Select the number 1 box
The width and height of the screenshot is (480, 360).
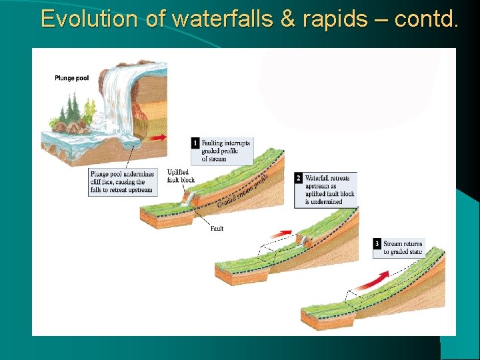(x=195, y=143)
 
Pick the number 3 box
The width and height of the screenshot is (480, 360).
(x=377, y=244)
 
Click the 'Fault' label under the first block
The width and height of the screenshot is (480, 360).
(x=217, y=229)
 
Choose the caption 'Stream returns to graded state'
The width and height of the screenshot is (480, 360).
(x=403, y=248)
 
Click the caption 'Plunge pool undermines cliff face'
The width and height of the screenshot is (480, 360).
(x=123, y=182)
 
